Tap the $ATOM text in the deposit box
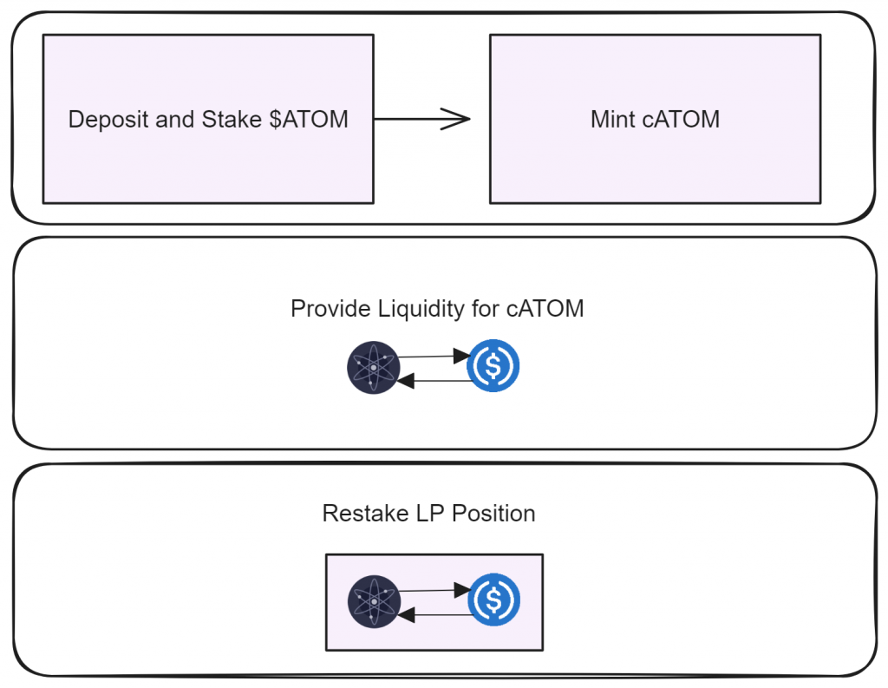[309, 120]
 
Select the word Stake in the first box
[232, 120]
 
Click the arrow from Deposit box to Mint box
[422, 119]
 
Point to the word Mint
[613, 120]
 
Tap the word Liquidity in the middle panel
[421, 310]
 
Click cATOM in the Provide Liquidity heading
[545, 309]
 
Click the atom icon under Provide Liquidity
[373, 367]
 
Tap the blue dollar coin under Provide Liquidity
[493, 365]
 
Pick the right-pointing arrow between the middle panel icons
[434, 356]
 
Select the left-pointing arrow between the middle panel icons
[434, 381]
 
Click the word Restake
[365, 514]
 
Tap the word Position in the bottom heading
[493, 514]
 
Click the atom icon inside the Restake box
[374, 601]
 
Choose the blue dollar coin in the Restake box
[493, 600]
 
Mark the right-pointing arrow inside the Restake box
[435, 590]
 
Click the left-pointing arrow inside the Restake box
[435, 615]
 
